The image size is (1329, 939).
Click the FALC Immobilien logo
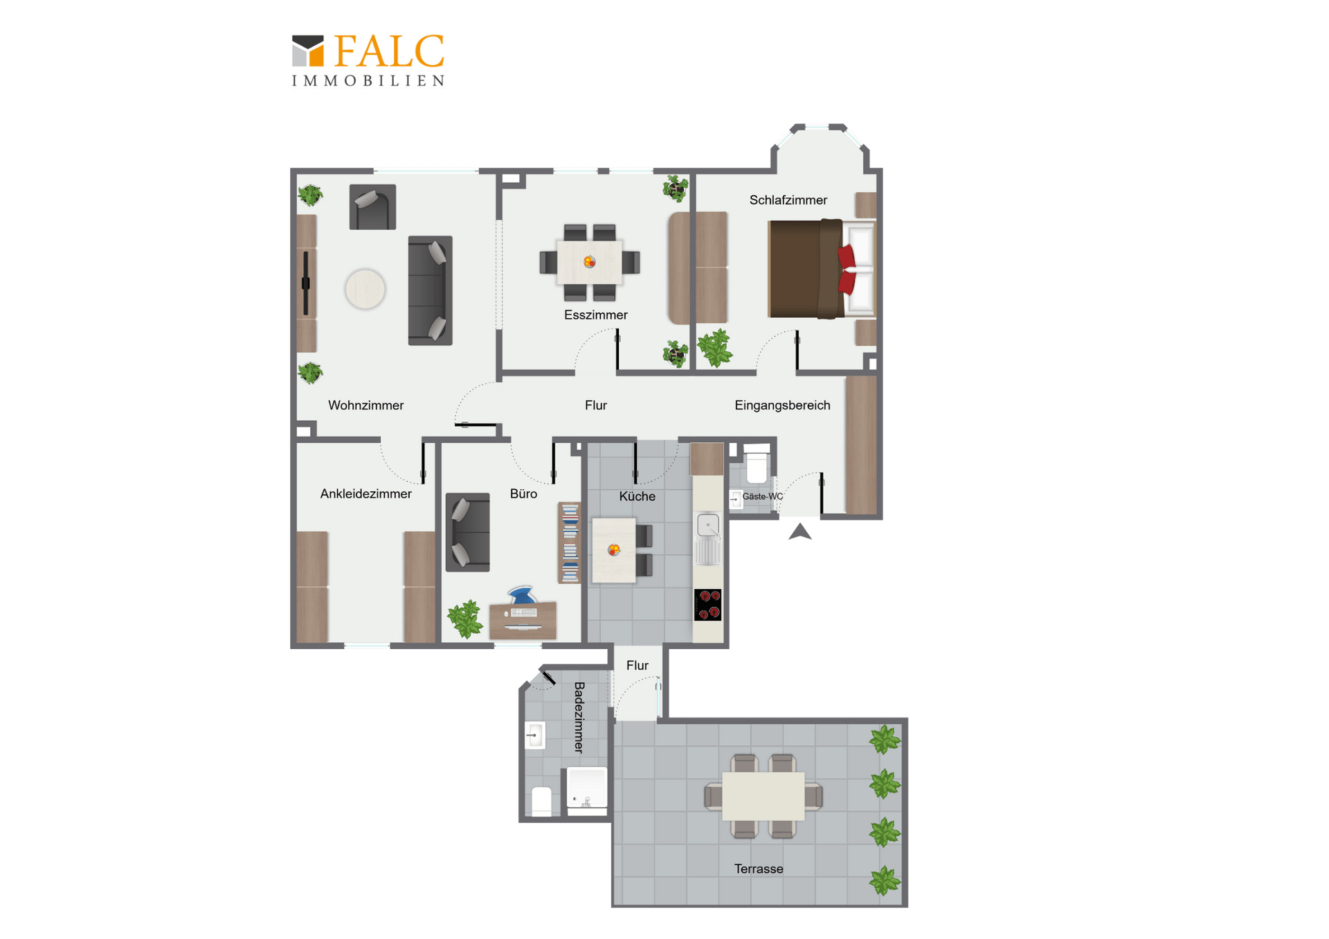pos(368,60)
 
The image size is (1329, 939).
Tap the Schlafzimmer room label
pos(788,200)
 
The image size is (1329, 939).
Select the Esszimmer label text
pos(595,315)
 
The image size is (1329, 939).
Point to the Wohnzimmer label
pos(365,405)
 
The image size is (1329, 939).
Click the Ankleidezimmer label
pos(365,493)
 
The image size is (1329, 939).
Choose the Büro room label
pos(523,493)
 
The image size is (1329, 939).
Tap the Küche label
pos(637,496)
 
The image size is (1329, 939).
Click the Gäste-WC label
pos(762,496)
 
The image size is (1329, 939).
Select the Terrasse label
pos(759,868)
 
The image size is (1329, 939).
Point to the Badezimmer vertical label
pos(579,717)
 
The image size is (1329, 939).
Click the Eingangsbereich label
pos(782,405)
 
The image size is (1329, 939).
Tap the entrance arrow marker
pos(800,531)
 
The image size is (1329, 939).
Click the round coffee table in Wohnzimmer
pos(365,289)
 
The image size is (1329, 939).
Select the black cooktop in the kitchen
pos(707,605)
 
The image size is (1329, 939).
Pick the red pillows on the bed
pos(847,269)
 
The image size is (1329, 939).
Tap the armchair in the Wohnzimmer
pos(372,207)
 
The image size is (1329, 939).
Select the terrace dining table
pos(763,796)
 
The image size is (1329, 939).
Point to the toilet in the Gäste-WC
pos(757,465)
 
